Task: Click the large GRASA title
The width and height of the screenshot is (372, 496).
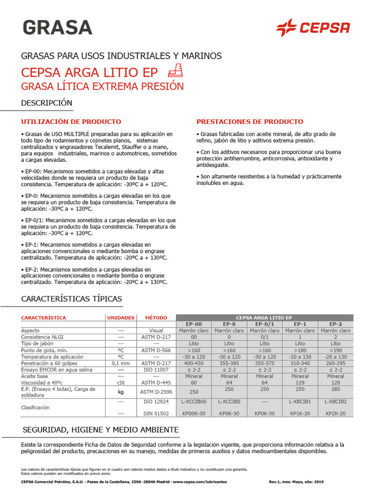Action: [x=57, y=27]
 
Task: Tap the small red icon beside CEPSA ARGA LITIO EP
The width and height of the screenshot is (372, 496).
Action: [x=175, y=71]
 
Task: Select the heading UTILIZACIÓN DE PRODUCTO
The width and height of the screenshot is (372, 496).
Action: [x=71, y=122]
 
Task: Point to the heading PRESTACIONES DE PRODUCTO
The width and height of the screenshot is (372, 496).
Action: [x=250, y=122]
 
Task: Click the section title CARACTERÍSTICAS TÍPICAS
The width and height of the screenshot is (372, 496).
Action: [x=72, y=298]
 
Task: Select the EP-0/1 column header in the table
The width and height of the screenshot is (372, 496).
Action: [x=264, y=324]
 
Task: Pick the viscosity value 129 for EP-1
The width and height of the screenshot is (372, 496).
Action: [x=300, y=382]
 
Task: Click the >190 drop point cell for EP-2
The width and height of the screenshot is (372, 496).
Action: [x=336, y=350]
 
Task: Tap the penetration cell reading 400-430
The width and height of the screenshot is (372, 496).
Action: [x=194, y=363]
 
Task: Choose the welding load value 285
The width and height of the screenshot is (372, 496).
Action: [x=336, y=389]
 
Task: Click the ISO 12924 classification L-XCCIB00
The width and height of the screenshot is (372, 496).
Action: [x=194, y=402]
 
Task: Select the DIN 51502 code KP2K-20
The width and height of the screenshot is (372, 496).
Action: [x=336, y=414]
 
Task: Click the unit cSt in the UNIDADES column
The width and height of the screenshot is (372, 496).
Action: [x=121, y=382]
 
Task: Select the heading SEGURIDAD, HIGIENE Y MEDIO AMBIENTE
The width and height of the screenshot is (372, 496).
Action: [x=101, y=430]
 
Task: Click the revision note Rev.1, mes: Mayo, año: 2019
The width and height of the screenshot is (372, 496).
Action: [x=295, y=482]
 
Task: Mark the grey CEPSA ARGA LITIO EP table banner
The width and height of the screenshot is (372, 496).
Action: [x=264, y=317]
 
